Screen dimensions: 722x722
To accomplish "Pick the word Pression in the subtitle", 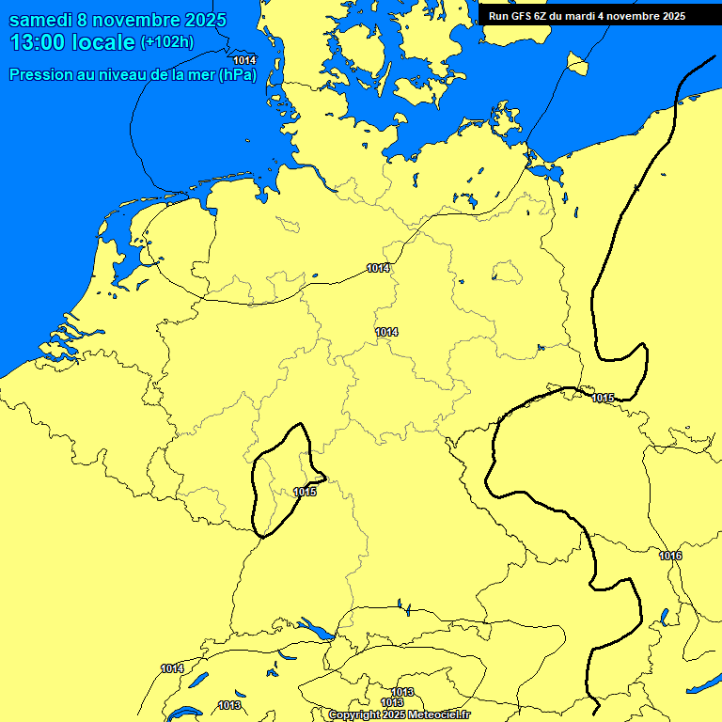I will [x=40, y=75].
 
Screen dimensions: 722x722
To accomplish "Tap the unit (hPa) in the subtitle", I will [x=238, y=75].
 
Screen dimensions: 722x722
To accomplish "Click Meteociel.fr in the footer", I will [x=438, y=715].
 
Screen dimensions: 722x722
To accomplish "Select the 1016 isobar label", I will [x=670, y=557].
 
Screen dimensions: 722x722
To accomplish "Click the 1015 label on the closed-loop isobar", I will [x=305, y=492].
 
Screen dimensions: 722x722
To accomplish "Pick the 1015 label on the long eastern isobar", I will [x=603, y=399].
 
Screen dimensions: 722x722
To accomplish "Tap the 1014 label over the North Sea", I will [x=244, y=60].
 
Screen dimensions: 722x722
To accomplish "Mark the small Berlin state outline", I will [x=507, y=273].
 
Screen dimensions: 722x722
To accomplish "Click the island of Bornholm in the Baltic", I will [x=577, y=64].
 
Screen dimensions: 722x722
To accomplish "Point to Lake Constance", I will [x=313, y=627].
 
